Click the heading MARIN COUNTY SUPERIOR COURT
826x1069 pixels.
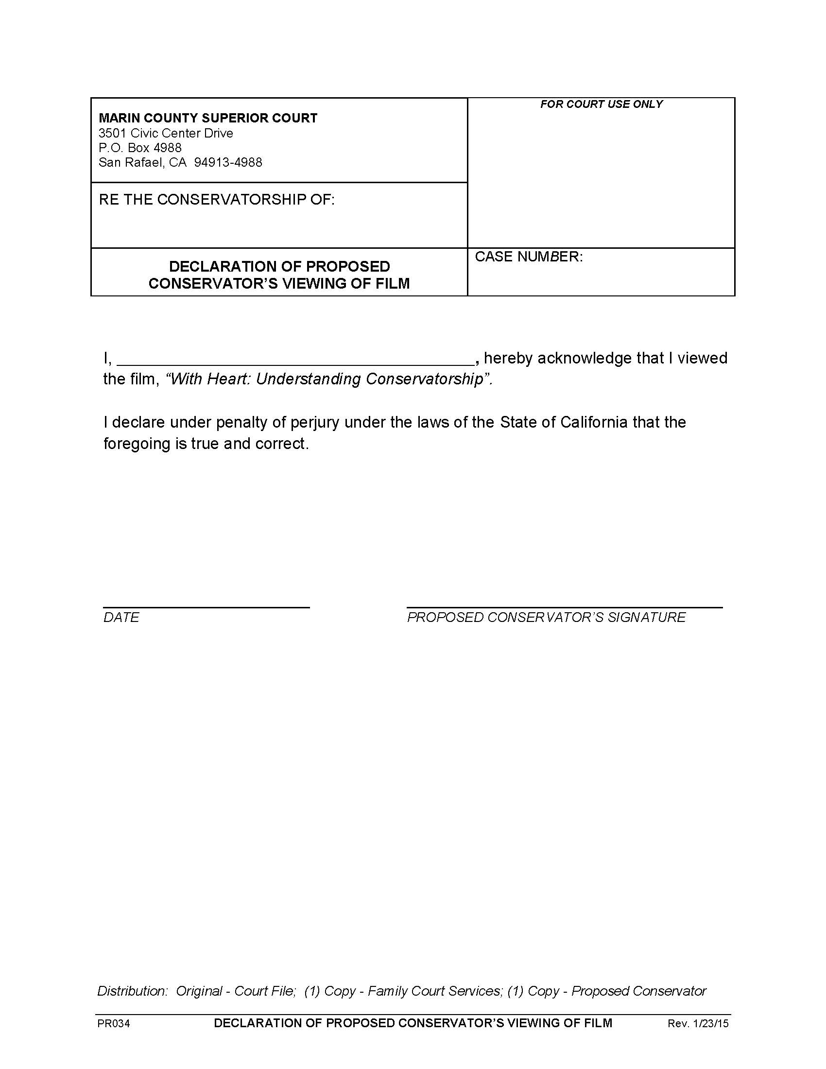208,118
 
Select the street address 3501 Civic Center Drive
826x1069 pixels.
165,133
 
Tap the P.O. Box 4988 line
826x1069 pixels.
140,148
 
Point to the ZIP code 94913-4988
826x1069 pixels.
228,162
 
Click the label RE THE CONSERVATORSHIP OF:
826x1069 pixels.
216,200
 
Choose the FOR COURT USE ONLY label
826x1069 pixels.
601,104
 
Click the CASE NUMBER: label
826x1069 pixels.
529,257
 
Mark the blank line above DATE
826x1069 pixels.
206,607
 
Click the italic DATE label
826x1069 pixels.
121,617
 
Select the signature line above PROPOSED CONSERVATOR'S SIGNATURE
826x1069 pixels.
564,607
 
